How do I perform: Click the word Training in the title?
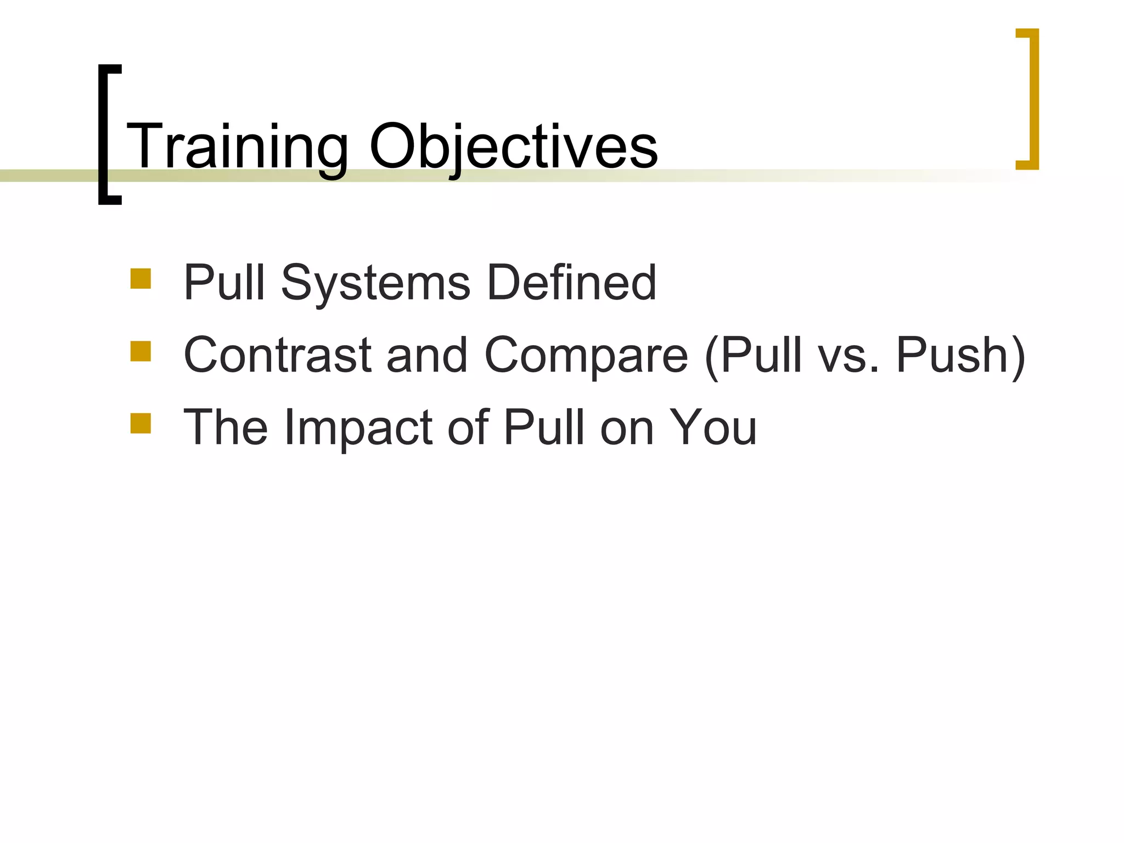(x=237, y=147)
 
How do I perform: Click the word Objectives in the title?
(x=513, y=147)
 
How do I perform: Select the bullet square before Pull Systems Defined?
(x=140, y=278)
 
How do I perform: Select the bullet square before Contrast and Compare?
(x=140, y=351)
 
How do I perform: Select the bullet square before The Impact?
(x=140, y=423)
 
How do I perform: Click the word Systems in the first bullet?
(x=375, y=283)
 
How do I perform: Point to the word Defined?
(x=571, y=283)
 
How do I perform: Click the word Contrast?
(x=277, y=355)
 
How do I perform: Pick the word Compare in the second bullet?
(x=586, y=355)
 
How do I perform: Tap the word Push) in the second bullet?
(x=960, y=355)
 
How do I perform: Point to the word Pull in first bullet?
(x=225, y=283)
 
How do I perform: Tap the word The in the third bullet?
(x=226, y=428)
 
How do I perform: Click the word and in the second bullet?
(x=427, y=355)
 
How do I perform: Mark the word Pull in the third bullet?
(x=545, y=428)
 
